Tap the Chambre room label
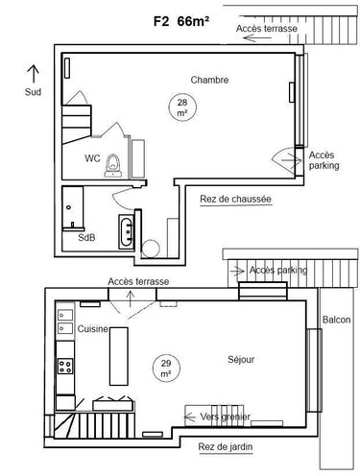(209, 80)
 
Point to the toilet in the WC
(112, 163)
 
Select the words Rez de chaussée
(235, 200)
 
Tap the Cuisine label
(93, 328)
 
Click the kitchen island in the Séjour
(118, 355)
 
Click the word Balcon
(336, 320)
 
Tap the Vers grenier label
(228, 416)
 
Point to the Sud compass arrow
(33, 73)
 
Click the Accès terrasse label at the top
(266, 30)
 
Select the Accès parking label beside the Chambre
(323, 159)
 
